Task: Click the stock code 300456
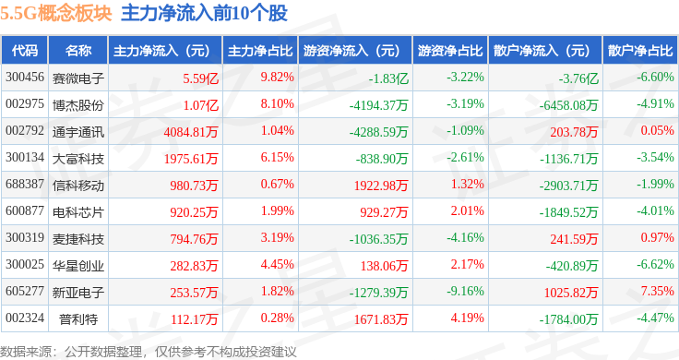(x=25, y=78)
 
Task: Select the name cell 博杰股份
(x=78, y=105)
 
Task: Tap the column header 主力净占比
(x=260, y=51)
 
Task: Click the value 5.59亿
(x=200, y=78)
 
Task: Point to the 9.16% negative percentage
(x=465, y=291)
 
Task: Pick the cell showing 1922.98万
(x=381, y=186)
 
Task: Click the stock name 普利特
(x=78, y=319)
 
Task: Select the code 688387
(x=25, y=184)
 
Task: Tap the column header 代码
(x=25, y=51)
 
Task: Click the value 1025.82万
(x=571, y=293)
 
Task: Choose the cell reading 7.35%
(x=658, y=291)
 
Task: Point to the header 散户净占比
(x=640, y=51)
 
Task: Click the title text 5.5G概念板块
(x=56, y=14)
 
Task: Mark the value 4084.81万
(x=191, y=132)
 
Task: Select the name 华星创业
(x=78, y=266)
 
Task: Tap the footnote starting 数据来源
(x=149, y=352)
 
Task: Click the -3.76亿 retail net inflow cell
(x=578, y=78)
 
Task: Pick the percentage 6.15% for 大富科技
(x=277, y=157)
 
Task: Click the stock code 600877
(x=25, y=211)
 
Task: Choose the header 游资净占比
(x=450, y=51)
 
